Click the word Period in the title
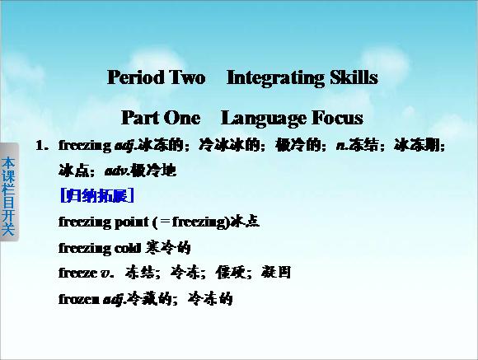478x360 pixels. click(x=136, y=77)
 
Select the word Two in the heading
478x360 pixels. click(x=187, y=77)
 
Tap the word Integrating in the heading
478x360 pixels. click(x=275, y=78)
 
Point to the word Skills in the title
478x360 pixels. click(x=354, y=77)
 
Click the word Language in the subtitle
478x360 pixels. click(x=264, y=119)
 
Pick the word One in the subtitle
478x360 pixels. click(x=182, y=118)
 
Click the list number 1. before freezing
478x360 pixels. click(x=42, y=146)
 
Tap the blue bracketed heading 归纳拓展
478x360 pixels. click(x=97, y=195)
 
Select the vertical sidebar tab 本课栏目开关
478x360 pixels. click(x=8, y=192)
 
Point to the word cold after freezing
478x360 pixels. click(x=128, y=249)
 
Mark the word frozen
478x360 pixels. click(x=78, y=299)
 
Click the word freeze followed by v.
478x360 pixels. click(x=77, y=272)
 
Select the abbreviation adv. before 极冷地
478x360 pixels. click(x=117, y=171)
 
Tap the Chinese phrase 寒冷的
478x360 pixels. click(x=168, y=247)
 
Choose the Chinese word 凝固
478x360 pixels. click(x=276, y=272)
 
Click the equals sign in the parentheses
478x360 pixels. click(x=165, y=222)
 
